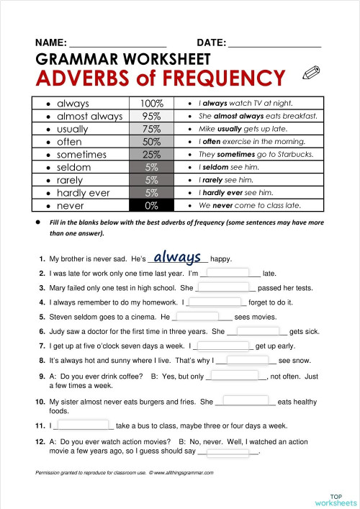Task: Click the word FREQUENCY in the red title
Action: click(x=217, y=78)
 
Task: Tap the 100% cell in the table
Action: click(x=152, y=103)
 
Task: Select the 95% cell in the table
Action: click(x=152, y=116)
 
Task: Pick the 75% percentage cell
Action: click(x=152, y=129)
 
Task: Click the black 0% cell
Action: click(x=152, y=205)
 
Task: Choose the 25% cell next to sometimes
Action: click(x=152, y=154)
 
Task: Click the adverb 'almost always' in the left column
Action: click(x=89, y=116)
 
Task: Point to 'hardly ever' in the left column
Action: click(x=83, y=193)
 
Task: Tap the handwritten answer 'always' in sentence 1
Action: click(x=177, y=256)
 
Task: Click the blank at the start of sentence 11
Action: click(x=81, y=425)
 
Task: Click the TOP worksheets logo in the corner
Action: click(x=335, y=499)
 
